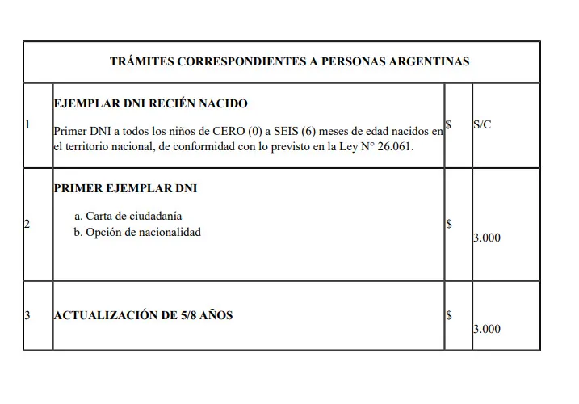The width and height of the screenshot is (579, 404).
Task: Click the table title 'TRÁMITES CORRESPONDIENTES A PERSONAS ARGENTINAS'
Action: (x=289, y=61)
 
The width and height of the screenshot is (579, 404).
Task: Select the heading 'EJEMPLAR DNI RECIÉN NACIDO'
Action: (x=150, y=104)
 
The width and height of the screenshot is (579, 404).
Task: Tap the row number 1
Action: (x=27, y=125)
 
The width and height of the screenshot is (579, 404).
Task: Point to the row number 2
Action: (x=27, y=224)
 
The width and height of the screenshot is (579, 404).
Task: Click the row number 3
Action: (x=27, y=315)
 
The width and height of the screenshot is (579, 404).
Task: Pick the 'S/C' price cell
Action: (x=482, y=125)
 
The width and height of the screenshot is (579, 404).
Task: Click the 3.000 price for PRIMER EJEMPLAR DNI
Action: (x=486, y=238)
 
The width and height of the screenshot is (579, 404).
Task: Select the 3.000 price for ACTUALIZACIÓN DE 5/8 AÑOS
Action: (x=486, y=329)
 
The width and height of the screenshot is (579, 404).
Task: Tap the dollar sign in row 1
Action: (x=449, y=125)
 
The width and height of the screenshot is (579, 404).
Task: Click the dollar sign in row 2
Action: (x=449, y=224)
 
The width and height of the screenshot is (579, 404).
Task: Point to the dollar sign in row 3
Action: (x=449, y=315)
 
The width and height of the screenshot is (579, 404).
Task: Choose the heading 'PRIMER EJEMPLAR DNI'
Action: (x=125, y=188)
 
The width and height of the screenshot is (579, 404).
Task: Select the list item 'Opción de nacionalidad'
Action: (x=143, y=232)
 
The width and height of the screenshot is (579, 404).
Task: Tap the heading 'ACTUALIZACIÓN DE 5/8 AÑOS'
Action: (x=143, y=315)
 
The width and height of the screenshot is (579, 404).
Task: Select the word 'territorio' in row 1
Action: (x=90, y=146)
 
